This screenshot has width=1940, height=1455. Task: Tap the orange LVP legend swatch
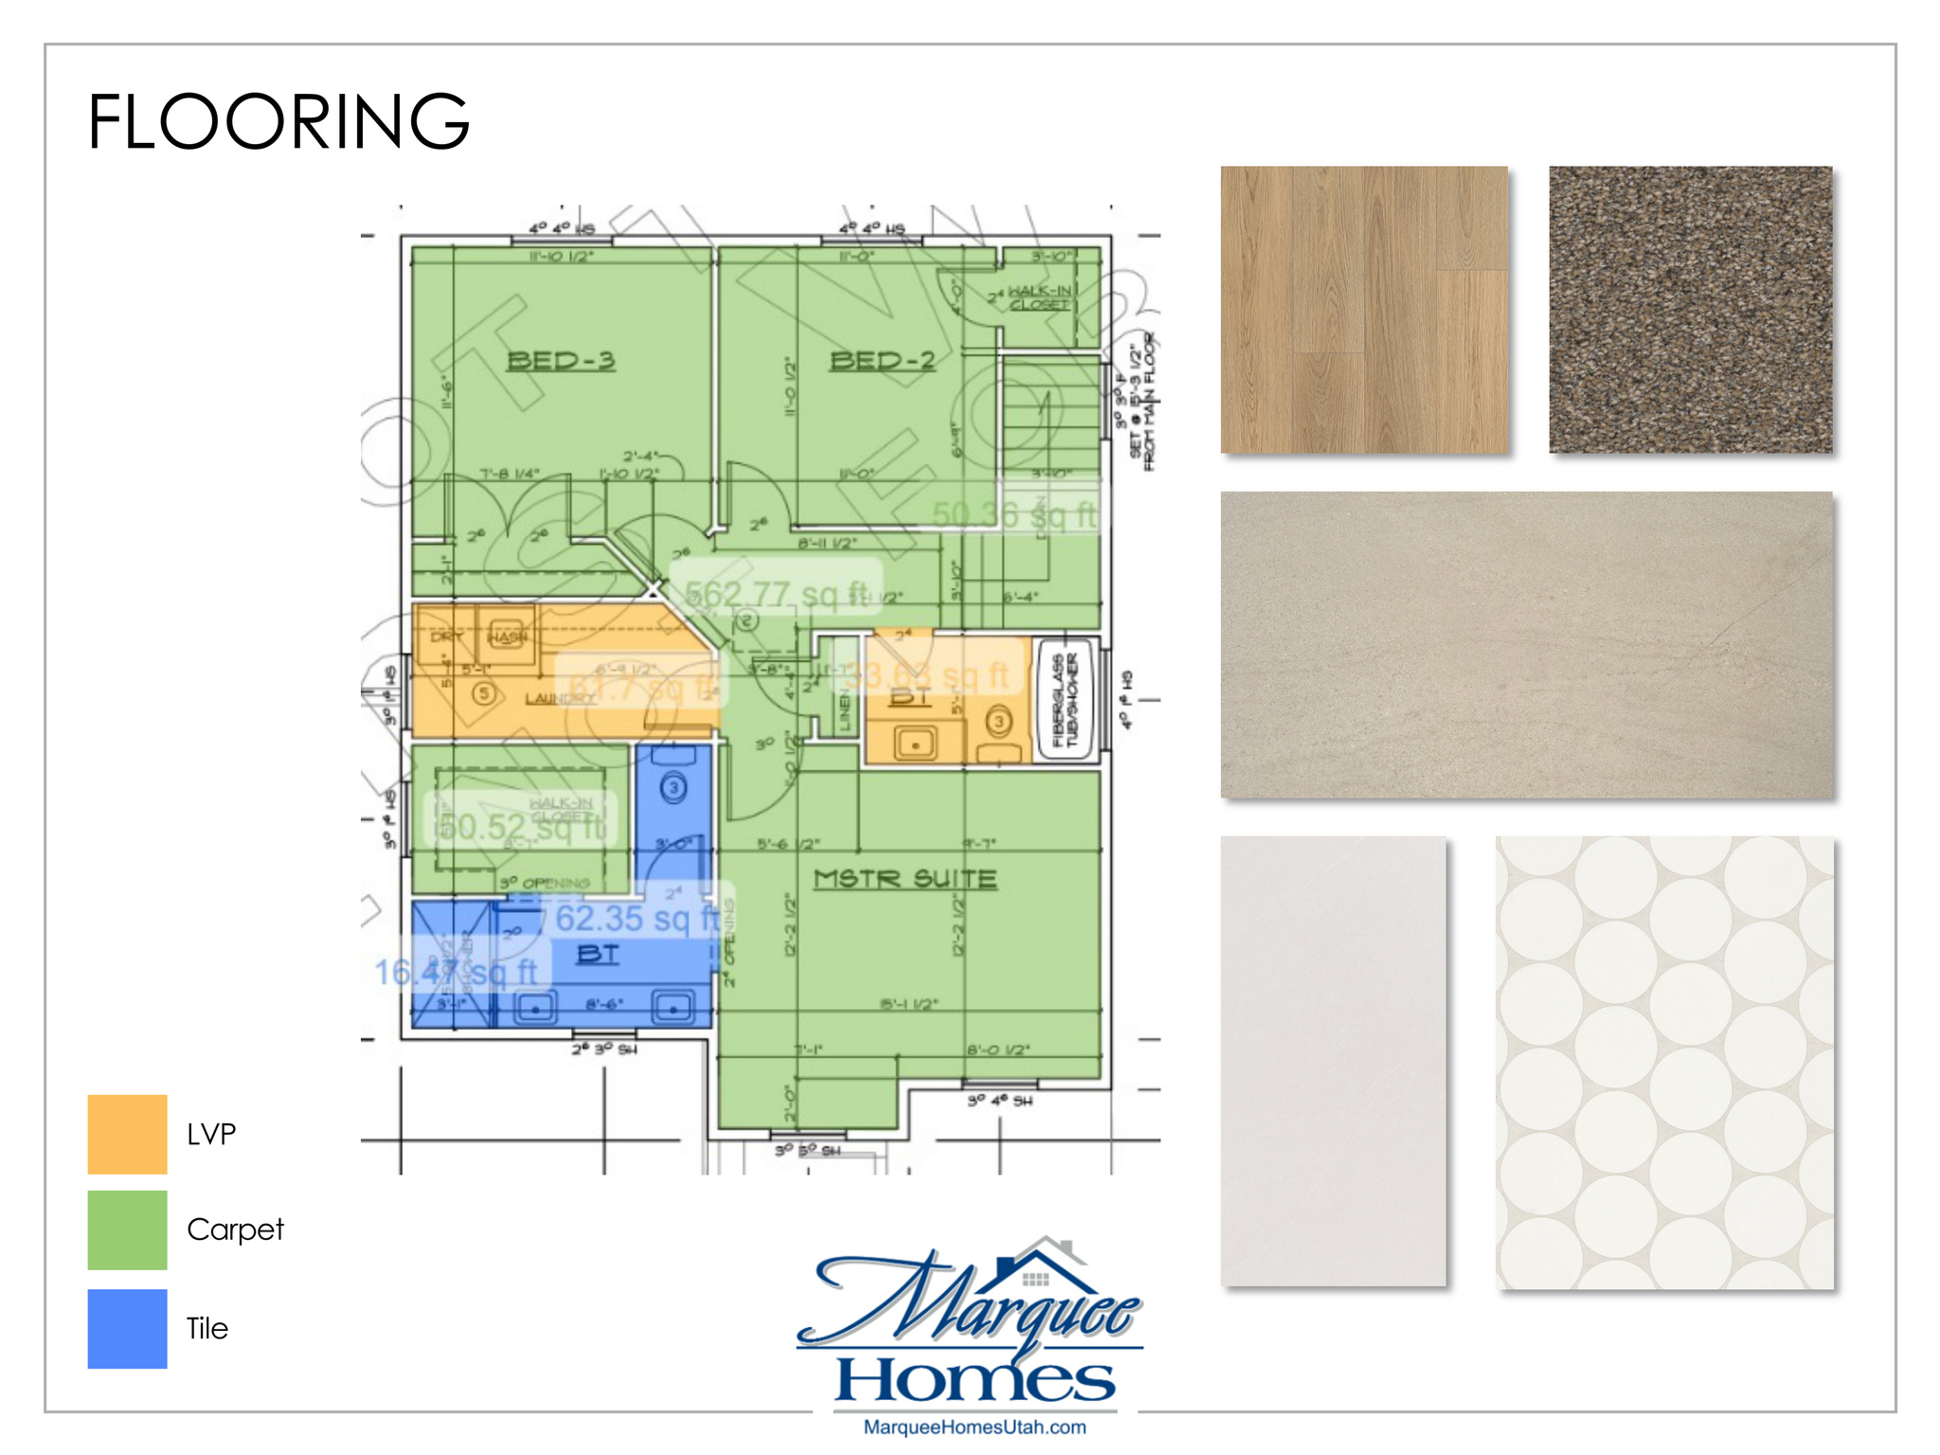click(x=127, y=1134)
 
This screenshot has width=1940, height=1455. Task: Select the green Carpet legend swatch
click(x=127, y=1230)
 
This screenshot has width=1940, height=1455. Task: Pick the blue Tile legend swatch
click(x=127, y=1328)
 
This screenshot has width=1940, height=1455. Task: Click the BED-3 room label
click(x=561, y=361)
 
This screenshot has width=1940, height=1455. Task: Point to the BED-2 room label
click(x=882, y=361)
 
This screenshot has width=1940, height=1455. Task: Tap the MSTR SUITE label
click(x=905, y=879)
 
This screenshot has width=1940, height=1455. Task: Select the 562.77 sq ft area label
click(x=776, y=594)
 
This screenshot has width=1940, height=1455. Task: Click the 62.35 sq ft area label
click(x=637, y=918)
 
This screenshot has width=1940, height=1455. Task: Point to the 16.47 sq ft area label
click(x=456, y=972)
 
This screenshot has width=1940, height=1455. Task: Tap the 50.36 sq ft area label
click(x=1014, y=514)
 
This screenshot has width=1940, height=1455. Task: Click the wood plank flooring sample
click(x=1363, y=310)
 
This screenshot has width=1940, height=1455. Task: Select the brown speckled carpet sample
click(x=1690, y=310)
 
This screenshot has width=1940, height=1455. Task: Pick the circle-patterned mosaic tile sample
click(x=1664, y=1062)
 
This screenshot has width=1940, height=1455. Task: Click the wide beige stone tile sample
click(x=1526, y=644)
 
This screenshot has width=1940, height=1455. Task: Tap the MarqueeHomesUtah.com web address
click(x=975, y=1427)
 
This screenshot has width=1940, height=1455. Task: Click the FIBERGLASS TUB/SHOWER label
click(x=1066, y=700)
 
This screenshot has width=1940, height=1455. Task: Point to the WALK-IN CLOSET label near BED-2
click(x=1039, y=297)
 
